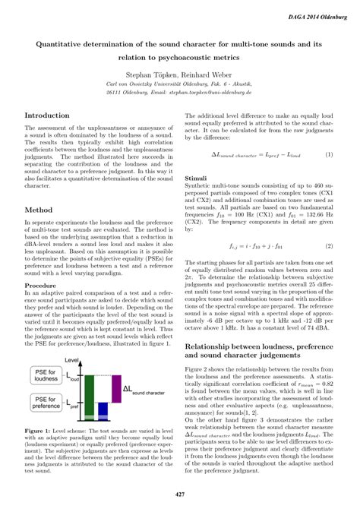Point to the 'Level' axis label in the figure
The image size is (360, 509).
point(73,359)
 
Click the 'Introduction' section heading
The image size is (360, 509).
point(47,116)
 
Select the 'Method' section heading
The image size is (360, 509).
point(38,208)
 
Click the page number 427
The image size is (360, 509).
point(180,494)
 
